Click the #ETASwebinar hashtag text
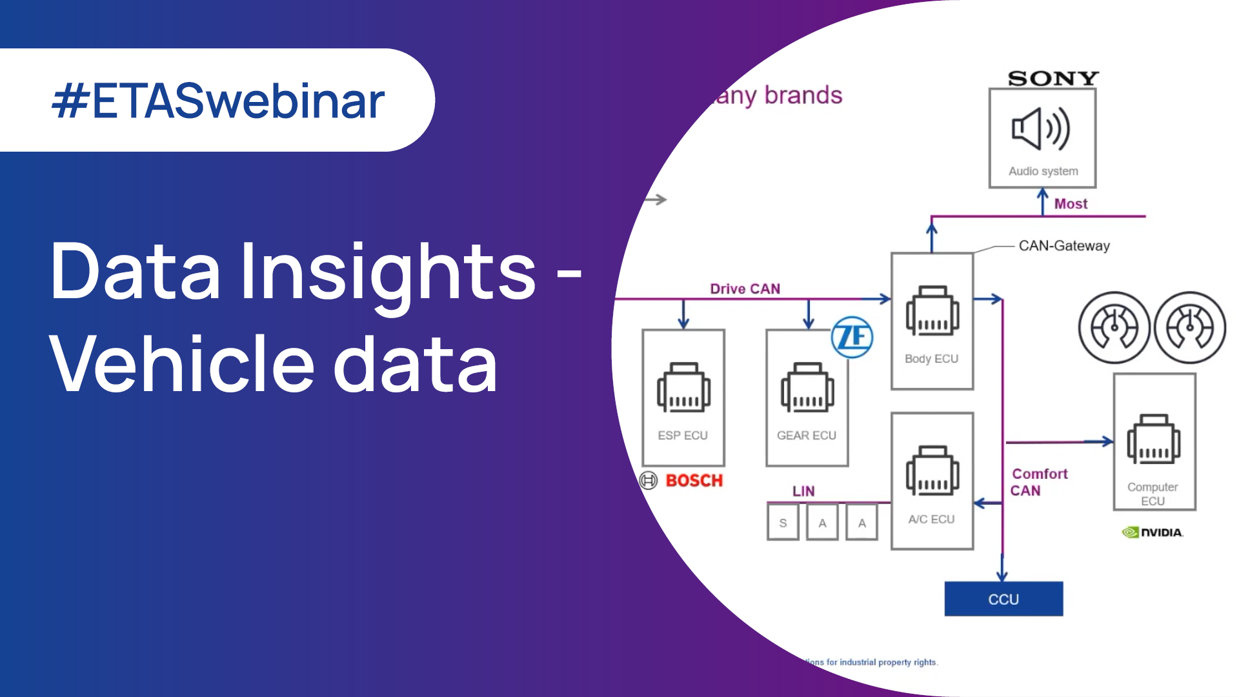tap(218, 101)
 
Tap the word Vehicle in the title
tap(181, 364)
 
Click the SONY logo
tap(1053, 79)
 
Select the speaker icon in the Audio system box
tap(1040, 129)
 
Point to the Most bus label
tap(1071, 204)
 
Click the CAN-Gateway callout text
tap(1064, 246)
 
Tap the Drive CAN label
tap(745, 289)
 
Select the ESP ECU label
tap(683, 436)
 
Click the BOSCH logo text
tap(694, 481)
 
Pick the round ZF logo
tap(852, 337)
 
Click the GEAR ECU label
tap(806, 436)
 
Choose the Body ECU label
tap(931, 359)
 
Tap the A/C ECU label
tap(931, 520)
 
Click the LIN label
tap(803, 491)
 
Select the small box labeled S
tap(783, 523)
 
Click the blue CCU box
tap(1003, 599)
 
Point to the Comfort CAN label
tap(1038, 482)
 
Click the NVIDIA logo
tap(1153, 532)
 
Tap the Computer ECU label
tap(1153, 494)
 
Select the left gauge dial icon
tap(1114, 327)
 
